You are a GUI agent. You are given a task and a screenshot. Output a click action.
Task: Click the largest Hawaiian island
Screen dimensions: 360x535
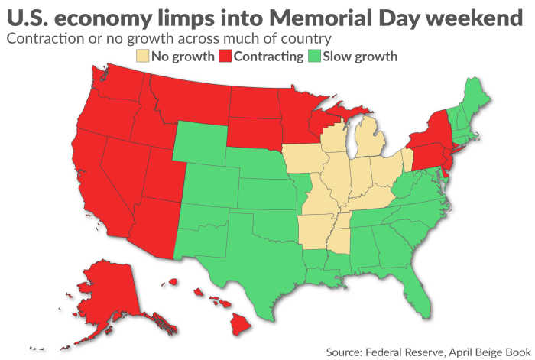click(x=241, y=324)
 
